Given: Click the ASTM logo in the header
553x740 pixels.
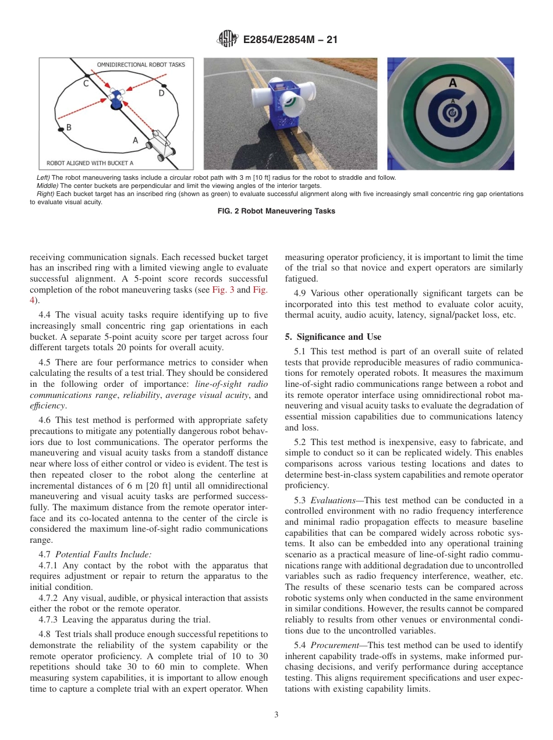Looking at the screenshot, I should pos(228,39).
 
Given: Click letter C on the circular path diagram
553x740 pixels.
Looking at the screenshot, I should pos(86,84).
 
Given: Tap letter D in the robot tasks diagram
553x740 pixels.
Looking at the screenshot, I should pos(161,93).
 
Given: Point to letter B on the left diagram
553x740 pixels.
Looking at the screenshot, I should pos(69,127).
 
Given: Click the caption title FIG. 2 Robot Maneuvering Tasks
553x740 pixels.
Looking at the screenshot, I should pos(276,211).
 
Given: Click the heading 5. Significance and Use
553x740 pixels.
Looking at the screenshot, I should pos(333,337).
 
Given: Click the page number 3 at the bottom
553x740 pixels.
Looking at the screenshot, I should pos(276,715).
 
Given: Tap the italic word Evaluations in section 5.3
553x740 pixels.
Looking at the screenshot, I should pos(330,500).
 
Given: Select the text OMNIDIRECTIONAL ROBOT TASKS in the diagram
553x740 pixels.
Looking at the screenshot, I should pos(141,65).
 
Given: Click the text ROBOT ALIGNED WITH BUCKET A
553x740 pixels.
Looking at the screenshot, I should pos(90,163).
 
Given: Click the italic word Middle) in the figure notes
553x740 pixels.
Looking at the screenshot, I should pos(47,186).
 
